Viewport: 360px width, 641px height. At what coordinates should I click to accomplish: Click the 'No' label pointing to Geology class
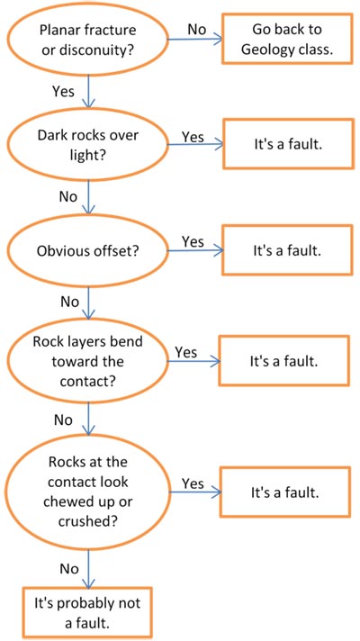coord(197,29)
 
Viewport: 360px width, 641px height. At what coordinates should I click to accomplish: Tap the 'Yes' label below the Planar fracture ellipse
coord(64,91)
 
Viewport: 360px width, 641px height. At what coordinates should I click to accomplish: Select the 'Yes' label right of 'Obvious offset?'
coord(193,241)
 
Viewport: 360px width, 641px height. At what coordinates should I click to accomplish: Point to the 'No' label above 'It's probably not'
coord(69,568)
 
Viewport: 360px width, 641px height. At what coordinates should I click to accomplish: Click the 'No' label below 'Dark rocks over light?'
coord(68,196)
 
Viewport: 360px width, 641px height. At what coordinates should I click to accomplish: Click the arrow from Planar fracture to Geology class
coord(195,40)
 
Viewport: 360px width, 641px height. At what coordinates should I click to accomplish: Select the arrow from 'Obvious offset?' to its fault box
coord(196,250)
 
